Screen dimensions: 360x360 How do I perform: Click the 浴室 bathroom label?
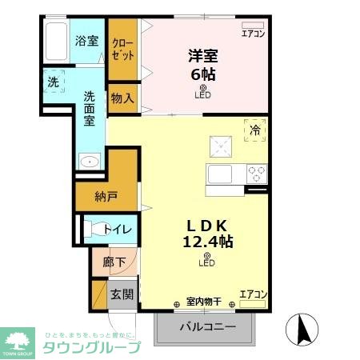coord(86,41)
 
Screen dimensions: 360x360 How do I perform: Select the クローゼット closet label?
coord(123,48)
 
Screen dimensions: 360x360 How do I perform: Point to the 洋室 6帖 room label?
coord(202,65)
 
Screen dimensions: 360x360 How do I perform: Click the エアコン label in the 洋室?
coord(253,34)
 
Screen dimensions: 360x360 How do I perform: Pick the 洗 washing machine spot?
coord(52,82)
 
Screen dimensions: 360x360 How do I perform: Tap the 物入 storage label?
coord(122,98)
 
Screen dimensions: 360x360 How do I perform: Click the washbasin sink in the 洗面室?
coord(90,162)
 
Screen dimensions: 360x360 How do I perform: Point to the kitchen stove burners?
coord(257,172)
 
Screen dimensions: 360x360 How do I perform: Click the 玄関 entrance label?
coord(122,294)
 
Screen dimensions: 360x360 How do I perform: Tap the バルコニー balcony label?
coord(207,328)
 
